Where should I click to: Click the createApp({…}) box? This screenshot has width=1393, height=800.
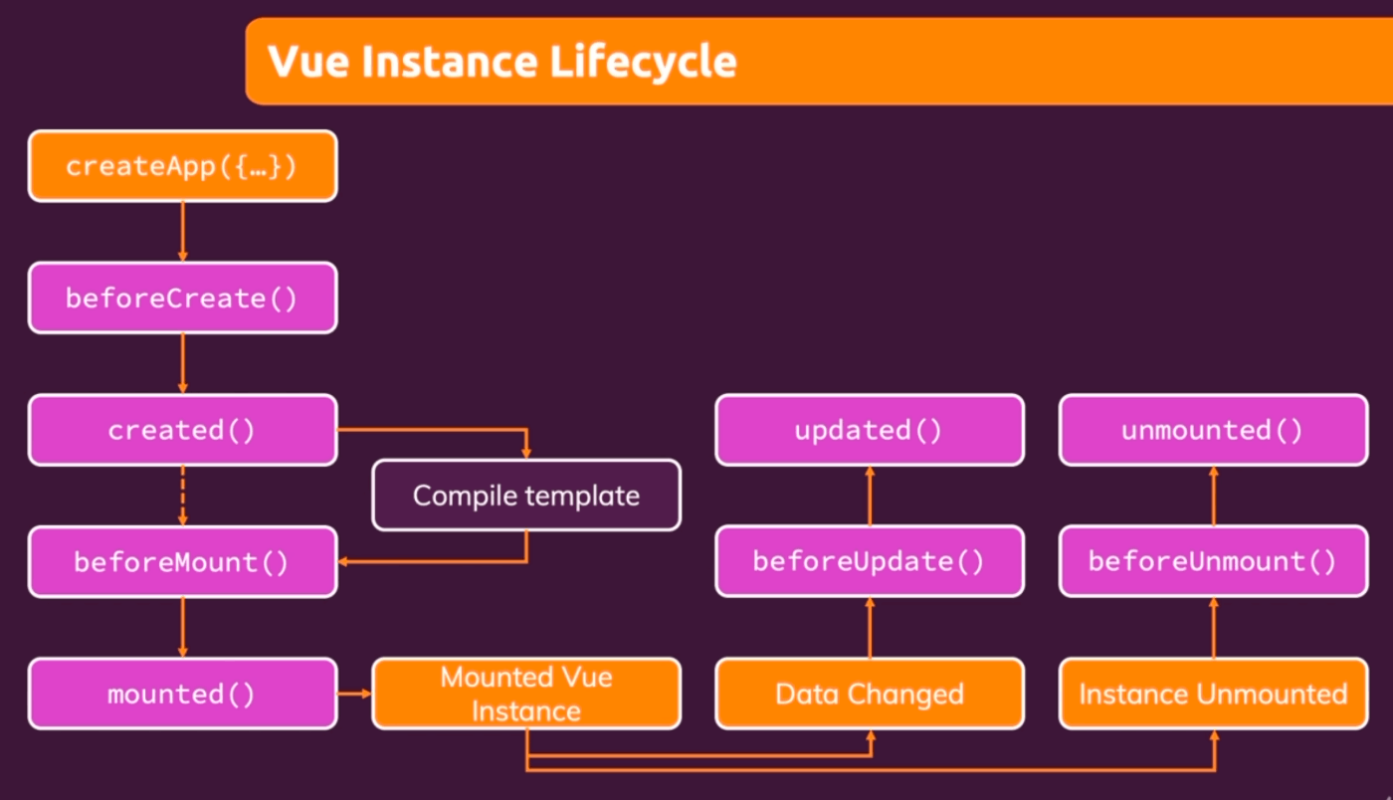183,166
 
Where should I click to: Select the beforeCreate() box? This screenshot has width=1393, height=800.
183,298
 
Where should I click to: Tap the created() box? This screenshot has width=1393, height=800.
183,430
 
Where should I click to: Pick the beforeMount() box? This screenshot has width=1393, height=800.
183,562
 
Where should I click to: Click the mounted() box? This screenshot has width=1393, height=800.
183,694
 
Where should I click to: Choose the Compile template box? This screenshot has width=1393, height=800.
526,496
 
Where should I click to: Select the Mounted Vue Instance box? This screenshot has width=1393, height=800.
526,694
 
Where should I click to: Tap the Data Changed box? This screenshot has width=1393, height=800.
870,694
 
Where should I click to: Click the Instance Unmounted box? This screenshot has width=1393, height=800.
1213,694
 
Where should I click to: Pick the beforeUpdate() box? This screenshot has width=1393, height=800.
870,561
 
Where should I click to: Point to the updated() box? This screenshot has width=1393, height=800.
870,430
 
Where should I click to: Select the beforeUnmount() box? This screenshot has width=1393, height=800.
1213,561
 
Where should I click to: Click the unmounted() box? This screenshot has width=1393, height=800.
1213,430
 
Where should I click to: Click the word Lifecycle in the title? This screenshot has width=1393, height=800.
643,63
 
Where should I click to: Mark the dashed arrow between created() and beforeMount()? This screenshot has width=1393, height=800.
183,496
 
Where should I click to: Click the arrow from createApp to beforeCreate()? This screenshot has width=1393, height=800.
183,232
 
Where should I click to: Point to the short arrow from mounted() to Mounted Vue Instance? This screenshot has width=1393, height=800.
354,694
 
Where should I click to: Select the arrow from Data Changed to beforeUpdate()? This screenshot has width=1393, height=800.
870,628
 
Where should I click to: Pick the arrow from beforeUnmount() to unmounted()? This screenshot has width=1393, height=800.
1214,496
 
